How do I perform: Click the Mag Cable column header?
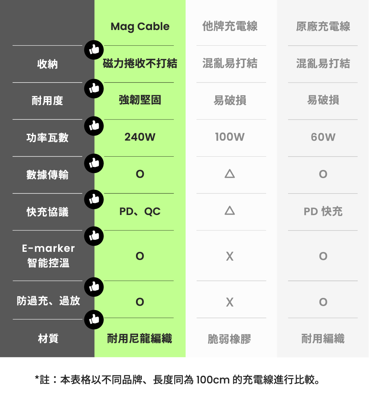(140, 27)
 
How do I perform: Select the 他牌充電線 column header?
(230, 26)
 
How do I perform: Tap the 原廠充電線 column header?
(323, 27)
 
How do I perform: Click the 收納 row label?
(47, 64)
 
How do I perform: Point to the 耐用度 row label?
(47, 101)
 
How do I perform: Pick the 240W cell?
(140, 137)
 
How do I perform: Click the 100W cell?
(230, 137)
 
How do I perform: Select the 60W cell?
(323, 137)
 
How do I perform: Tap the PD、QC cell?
(140, 212)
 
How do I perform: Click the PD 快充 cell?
(323, 212)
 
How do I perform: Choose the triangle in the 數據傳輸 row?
(230, 174)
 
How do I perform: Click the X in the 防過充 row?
(230, 302)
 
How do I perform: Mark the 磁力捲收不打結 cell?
(140, 63)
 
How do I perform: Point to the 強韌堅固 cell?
(140, 100)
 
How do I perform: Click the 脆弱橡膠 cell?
(230, 339)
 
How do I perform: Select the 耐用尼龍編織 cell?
(140, 339)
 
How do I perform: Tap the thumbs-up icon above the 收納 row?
(94, 50)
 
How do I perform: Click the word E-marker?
(48, 248)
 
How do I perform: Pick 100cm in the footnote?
(213, 380)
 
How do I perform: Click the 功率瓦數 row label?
(47, 138)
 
